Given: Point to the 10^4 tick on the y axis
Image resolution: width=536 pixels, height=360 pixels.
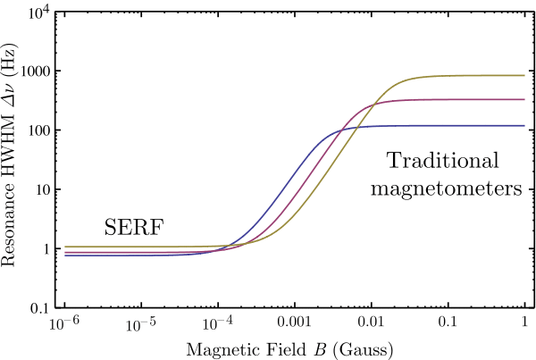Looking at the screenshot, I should click(35, 13).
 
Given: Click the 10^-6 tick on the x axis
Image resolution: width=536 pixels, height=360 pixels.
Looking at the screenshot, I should click(64, 321).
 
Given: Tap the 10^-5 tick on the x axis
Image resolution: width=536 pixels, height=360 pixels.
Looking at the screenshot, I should click(141, 321).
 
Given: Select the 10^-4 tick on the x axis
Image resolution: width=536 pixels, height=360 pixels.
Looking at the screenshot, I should click(218, 321).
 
